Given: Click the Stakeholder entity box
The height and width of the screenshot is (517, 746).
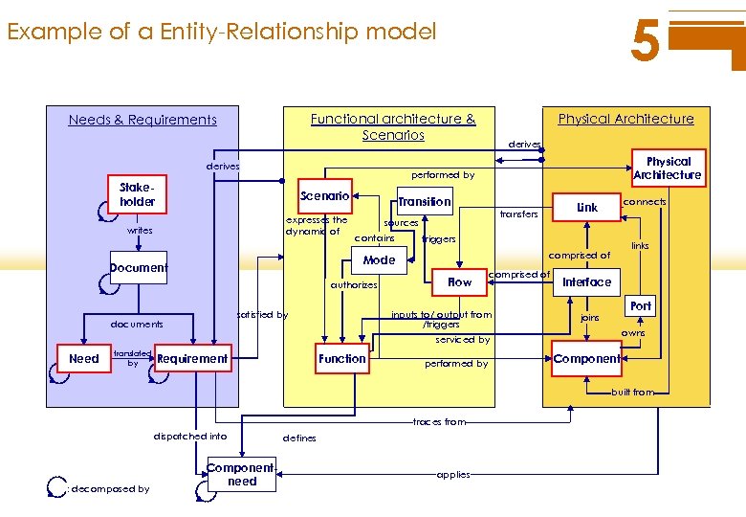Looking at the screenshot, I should click(x=138, y=195).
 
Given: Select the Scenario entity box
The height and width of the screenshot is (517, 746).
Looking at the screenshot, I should click(x=325, y=196).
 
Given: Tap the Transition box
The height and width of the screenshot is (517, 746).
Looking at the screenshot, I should click(x=425, y=201).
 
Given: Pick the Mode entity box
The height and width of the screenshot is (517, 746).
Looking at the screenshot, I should click(x=379, y=259).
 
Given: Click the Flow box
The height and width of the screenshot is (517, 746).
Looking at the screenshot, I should click(x=460, y=281).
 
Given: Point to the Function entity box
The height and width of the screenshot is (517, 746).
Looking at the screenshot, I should click(x=342, y=359).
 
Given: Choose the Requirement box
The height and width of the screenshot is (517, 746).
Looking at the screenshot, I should click(x=192, y=359).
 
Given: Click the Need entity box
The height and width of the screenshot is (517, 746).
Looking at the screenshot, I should click(x=84, y=359).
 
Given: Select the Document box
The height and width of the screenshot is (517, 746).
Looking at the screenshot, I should click(x=139, y=268).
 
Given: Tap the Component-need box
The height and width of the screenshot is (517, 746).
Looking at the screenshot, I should click(x=242, y=475).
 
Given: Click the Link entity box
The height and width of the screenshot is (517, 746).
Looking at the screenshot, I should click(x=587, y=207).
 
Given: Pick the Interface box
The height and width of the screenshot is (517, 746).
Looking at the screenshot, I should click(x=586, y=281).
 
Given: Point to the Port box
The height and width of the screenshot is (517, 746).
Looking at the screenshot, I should click(x=641, y=306).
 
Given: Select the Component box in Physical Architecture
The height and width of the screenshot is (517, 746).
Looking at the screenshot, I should click(x=586, y=359).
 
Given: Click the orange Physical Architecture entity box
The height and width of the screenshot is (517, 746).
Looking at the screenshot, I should click(x=668, y=169).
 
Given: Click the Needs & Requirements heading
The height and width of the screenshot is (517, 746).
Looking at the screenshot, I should click(x=143, y=120).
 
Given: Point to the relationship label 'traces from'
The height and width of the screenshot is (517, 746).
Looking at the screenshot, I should click(x=439, y=421).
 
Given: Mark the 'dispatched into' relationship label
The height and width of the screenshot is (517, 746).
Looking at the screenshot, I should click(x=190, y=436).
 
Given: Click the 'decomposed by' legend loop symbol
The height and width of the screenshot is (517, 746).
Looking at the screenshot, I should click(x=55, y=486).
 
